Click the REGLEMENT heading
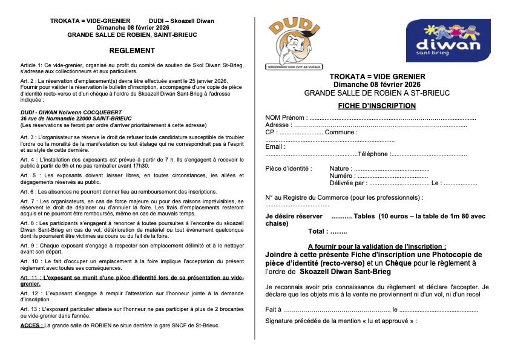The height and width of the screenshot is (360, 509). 132,51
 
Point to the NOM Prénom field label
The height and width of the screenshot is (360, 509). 286,117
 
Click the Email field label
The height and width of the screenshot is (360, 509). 275,146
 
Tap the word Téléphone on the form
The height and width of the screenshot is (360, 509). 373,154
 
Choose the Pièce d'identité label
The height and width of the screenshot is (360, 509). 289,168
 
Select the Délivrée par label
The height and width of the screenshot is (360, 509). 348,183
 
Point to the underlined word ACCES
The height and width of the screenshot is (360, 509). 31,326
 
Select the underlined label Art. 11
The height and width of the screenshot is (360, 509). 30,277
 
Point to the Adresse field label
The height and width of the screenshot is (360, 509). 278,125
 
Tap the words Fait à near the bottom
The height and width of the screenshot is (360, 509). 273,309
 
